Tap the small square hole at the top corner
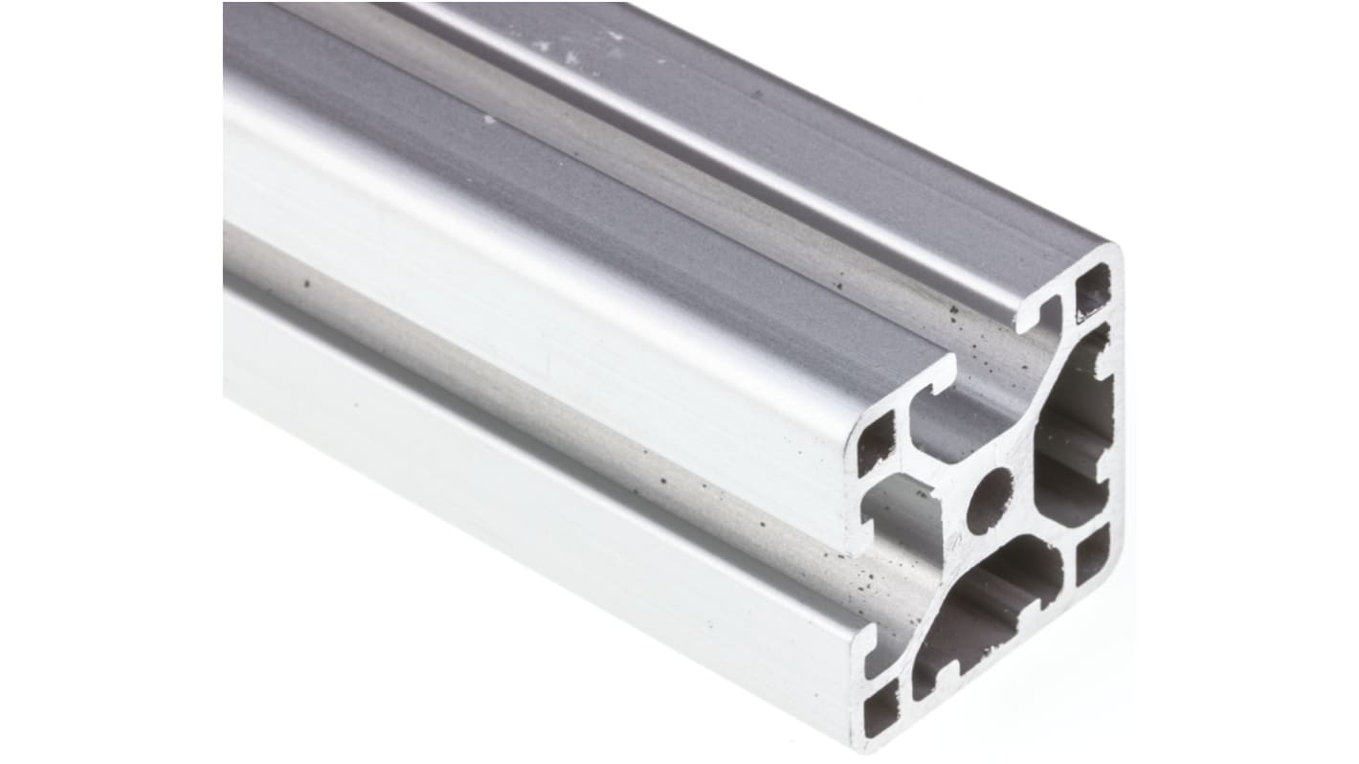pos(1092,291)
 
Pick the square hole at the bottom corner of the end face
pos(880,708)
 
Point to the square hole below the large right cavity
pos(1092,555)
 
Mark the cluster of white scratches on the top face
pos(574,48)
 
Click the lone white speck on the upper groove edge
pos(490,120)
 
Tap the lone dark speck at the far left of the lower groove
pos(306,283)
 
